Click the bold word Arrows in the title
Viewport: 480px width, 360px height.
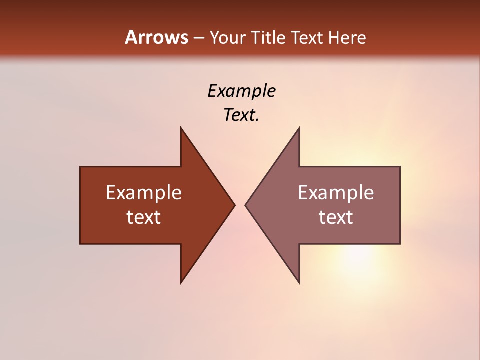coord(156,37)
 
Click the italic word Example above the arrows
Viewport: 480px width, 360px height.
coord(241,91)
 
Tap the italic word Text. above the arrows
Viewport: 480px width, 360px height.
coord(241,115)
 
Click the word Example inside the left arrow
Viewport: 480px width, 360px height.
coord(144,192)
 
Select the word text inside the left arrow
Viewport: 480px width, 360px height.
coord(144,217)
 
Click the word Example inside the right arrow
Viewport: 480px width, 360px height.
coord(336,192)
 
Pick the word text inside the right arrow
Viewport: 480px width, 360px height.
coord(336,217)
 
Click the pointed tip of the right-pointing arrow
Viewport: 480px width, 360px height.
coord(234,205)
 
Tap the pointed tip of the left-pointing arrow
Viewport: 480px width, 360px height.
coord(246,205)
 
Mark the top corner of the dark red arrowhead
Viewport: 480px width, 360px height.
coord(181,128)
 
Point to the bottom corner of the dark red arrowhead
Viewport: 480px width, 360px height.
coord(181,282)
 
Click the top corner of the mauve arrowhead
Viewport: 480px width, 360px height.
coord(299,128)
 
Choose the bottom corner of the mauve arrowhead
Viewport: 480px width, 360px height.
coord(299,282)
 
